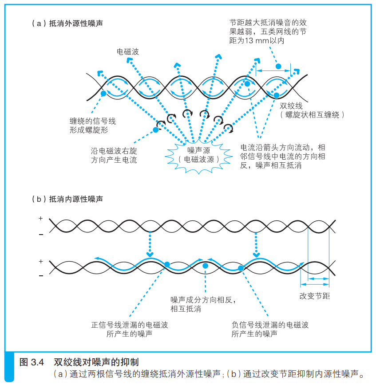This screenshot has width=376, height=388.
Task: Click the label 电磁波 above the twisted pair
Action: click(x=127, y=52)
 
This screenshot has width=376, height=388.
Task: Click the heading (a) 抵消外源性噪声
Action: click(x=67, y=24)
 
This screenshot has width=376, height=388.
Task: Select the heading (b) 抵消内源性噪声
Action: click(x=67, y=199)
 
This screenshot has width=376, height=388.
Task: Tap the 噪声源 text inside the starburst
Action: click(x=198, y=150)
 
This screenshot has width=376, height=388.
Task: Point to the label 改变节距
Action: click(x=315, y=296)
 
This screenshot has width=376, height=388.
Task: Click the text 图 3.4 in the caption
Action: click(x=32, y=362)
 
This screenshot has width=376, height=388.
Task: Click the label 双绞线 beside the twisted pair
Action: click(x=291, y=106)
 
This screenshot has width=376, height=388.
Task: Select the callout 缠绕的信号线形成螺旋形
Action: click(x=93, y=125)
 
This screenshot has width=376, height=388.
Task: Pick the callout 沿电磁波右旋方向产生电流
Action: click(x=114, y=155)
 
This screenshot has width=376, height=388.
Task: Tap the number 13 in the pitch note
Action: click(x=249, y=41)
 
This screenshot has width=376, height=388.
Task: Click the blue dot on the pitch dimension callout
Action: click(x=278, y=67)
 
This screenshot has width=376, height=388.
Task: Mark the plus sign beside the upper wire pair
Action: click(x=41, y=219)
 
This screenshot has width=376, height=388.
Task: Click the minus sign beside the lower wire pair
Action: click(x=41, y=276)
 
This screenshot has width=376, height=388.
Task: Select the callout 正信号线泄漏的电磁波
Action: click(x=130, y=325)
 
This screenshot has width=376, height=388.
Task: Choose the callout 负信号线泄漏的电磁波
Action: click(x=270, y=325)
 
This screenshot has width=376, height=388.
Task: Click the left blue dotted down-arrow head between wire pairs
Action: click(x=150, y=254)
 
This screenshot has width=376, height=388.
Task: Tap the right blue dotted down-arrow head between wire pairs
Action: click(x=256, y=255)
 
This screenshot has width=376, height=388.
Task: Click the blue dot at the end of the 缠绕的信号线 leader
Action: click(x=103, y=94)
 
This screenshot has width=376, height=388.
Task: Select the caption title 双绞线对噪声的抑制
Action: click(x=96, y=362)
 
